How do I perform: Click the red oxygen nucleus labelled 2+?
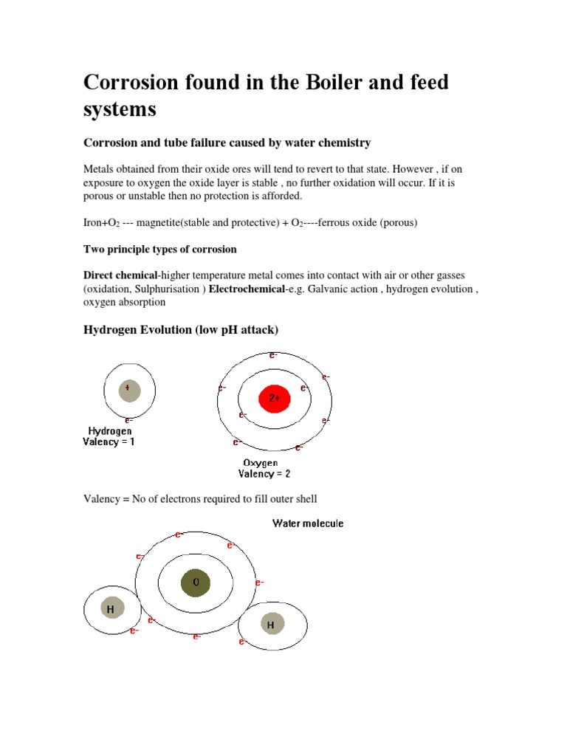click(274, 399)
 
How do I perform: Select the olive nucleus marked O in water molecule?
click(196, 583)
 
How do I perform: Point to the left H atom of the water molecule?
click(111, 609)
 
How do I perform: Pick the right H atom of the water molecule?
click(271, 625)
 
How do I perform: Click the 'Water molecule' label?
click(308, 523)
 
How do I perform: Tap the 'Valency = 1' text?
click(109, 442)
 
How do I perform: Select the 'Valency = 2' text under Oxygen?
click(264, 474)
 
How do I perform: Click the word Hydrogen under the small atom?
click(110, 431)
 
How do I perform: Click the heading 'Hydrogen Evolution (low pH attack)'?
click(181, 330)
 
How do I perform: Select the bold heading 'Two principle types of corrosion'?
click(160, 249)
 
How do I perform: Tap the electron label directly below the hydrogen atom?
click(129, 420)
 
